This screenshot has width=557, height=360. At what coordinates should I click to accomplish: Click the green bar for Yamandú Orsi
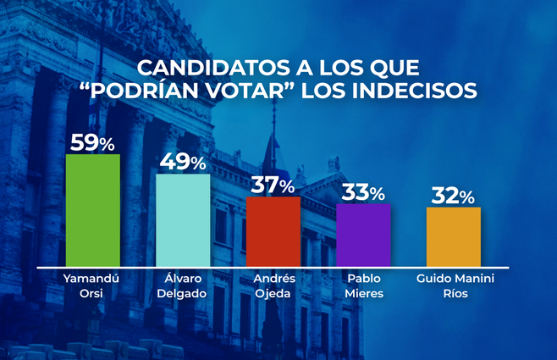92,210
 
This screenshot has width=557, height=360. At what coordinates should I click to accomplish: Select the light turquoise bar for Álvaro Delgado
183,219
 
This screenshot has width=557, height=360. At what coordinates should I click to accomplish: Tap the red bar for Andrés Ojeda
273,230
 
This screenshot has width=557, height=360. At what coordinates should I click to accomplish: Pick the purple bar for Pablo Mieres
364,235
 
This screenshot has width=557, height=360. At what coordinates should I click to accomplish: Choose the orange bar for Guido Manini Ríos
454,235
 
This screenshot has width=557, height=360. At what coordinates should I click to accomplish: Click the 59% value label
92,143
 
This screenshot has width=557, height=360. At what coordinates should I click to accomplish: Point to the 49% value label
183,162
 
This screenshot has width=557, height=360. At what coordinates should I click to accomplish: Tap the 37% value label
273,185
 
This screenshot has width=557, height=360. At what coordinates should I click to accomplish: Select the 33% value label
364,192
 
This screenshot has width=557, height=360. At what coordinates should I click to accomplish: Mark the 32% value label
454,197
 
